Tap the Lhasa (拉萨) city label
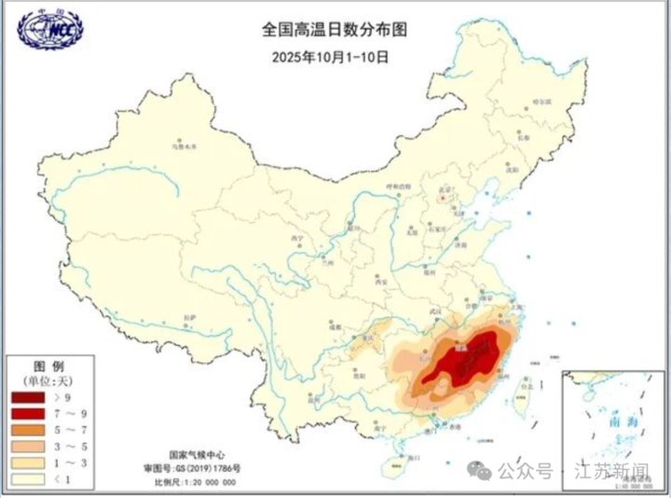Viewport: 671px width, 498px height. [x=189, y=319]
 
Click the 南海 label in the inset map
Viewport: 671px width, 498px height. [x=616, y=422]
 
